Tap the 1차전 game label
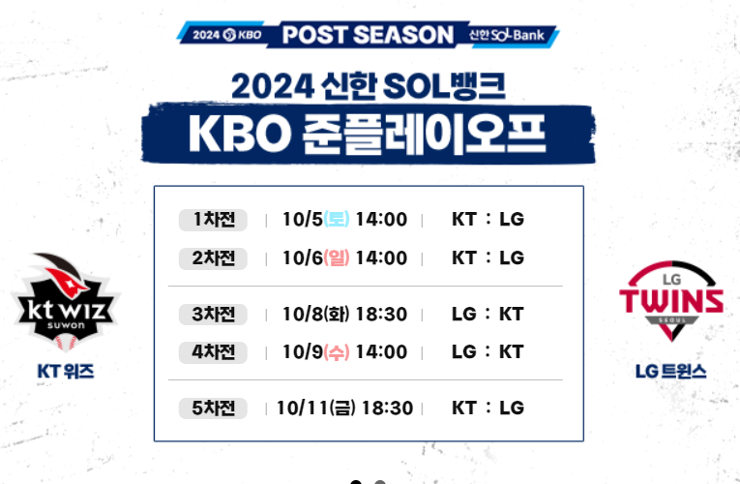214,220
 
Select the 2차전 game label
214,258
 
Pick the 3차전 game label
214,315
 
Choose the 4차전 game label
214,352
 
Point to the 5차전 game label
214,408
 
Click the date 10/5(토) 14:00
344,220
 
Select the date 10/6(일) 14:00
344,258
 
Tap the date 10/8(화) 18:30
344,315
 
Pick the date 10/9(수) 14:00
344,352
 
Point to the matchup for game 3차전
488,315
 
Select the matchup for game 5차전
488,408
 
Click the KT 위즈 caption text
66,371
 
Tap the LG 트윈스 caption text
671,371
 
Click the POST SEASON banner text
368,35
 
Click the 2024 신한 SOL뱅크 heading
368,87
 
